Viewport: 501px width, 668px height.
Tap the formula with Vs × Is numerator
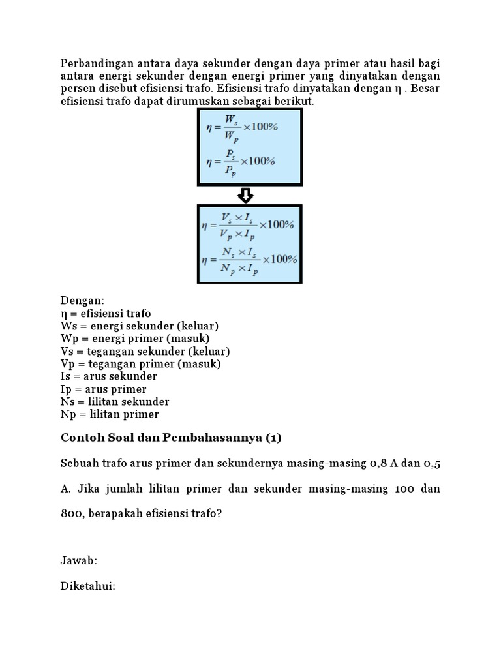point(249,224)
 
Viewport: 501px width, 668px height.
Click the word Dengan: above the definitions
point(82,301)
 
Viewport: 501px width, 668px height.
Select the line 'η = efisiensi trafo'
point(106,314)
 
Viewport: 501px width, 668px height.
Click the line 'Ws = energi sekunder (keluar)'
point(139,326)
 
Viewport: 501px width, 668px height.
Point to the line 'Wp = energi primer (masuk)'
point(134,339)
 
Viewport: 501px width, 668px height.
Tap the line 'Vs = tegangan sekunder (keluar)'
point(145,352)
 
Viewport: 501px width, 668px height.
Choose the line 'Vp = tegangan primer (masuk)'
point(140,364)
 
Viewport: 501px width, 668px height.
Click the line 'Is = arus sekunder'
point(108,376)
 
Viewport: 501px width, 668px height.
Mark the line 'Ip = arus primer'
point(103,389)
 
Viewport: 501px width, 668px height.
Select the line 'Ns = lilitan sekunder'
point(115,402)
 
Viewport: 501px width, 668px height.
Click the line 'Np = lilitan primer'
point(110,414)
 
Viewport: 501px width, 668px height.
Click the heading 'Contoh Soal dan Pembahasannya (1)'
point(171,438)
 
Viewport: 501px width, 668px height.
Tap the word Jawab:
point(79,561)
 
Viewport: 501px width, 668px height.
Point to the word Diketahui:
point(88,586)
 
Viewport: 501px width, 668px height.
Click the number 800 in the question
point(72,513)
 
